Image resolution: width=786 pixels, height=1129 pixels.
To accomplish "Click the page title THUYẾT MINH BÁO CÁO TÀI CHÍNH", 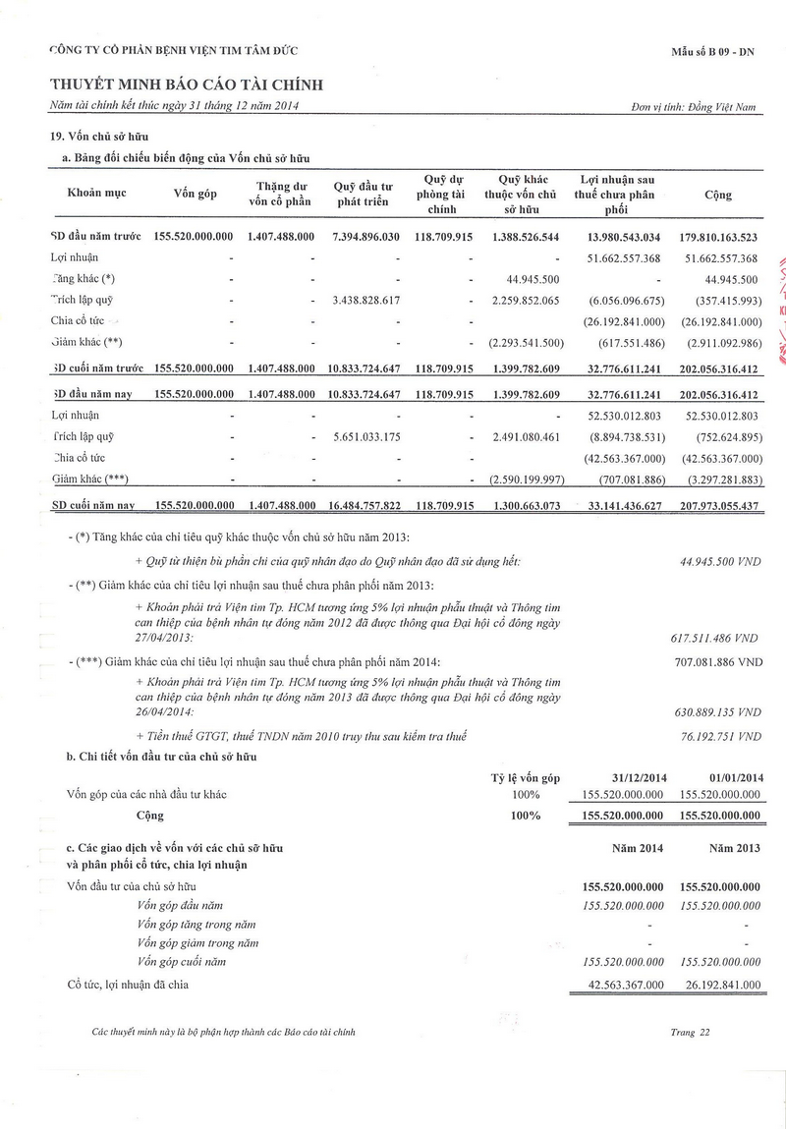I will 187,85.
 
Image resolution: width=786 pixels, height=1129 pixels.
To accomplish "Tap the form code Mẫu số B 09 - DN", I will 713,49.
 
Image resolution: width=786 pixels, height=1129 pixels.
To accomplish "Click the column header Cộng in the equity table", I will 718,195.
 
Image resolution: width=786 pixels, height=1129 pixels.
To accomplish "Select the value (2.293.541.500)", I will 526,342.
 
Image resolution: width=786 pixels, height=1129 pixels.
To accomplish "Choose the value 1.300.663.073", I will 526,505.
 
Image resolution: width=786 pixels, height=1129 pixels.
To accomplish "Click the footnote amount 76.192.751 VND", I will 721,736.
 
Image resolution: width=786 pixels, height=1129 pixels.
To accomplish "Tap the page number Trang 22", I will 690,1033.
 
